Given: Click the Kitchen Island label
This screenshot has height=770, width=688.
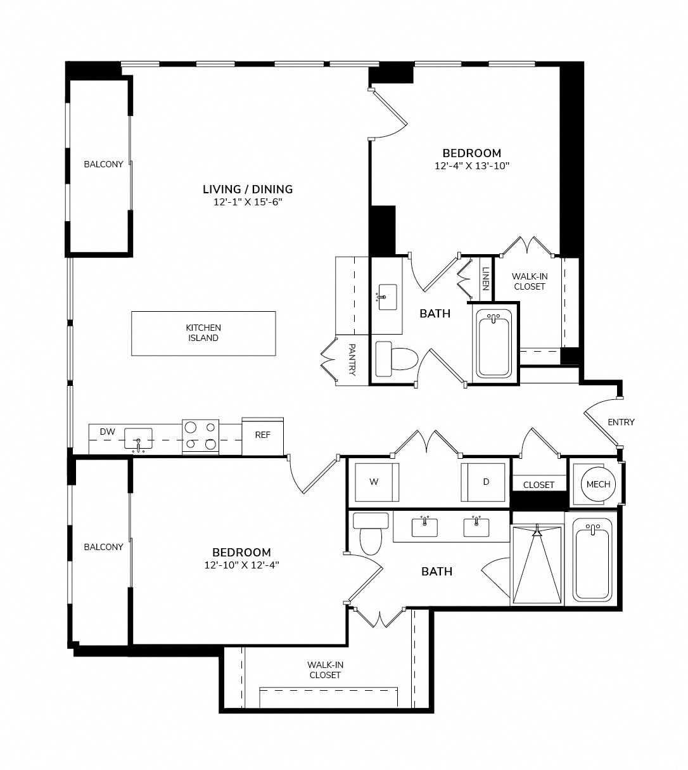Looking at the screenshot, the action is [x=203, y=333].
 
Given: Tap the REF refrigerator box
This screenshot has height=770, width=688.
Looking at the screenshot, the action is [x=262, y=436].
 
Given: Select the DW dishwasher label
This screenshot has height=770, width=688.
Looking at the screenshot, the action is [x=108, y=432].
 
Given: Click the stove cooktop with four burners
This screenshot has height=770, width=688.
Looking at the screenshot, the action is [x=200, y=436].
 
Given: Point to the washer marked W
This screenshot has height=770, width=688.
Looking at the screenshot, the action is [x=377, y=482].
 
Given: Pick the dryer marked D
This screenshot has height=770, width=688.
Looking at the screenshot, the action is [x=483, y=482].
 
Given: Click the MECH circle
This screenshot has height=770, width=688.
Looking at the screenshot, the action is [x=598, y=484].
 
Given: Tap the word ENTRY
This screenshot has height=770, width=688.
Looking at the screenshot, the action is [x=621, y=422].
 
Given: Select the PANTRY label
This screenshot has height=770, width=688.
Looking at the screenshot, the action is [x=352, y=359].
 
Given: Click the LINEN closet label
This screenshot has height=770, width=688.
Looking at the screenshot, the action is [x=485, y=279].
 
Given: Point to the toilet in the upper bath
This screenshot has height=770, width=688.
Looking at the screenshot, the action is [x=397, y=359].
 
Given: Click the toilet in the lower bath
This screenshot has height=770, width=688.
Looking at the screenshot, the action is [x=371, y=534].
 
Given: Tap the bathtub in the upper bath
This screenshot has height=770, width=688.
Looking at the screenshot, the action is [x=494, y=344].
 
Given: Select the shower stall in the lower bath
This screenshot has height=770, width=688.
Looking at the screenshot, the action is [x=537, y=564].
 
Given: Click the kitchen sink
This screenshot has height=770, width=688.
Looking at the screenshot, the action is [x=138, y=439].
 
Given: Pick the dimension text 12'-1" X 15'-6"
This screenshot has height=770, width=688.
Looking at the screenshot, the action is [x=248, y=202].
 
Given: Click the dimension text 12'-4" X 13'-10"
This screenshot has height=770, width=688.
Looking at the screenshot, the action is [x=472, y=165].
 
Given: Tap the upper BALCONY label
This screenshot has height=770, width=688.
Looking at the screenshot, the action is [x=103, y=164].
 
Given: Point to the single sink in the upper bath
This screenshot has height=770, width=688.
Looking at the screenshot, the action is [x=387, y=297].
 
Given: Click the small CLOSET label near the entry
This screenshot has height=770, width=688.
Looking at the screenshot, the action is [x=538, y=485].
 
